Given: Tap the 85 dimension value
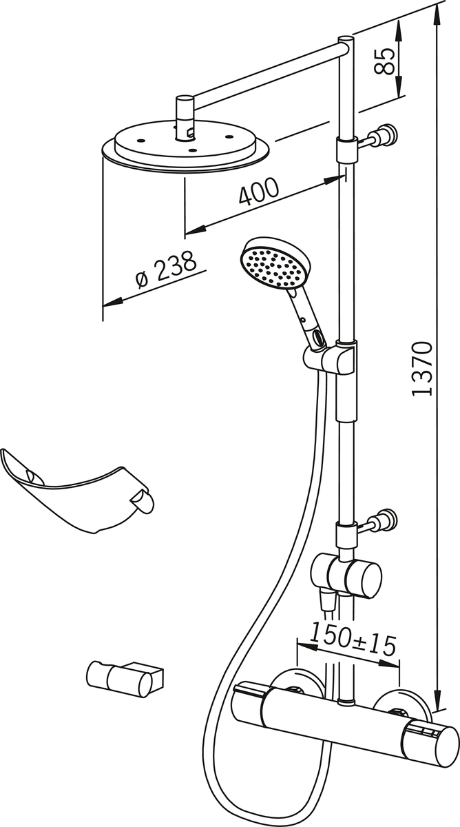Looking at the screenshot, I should coord(388,59).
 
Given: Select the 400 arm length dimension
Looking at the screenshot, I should coord(259,192).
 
